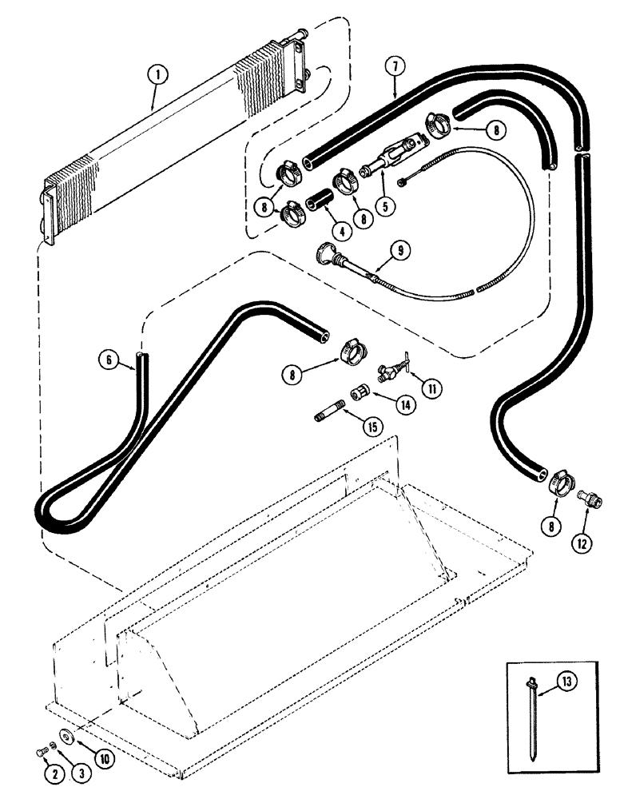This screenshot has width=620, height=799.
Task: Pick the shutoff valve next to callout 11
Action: (x=391, y=368)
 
